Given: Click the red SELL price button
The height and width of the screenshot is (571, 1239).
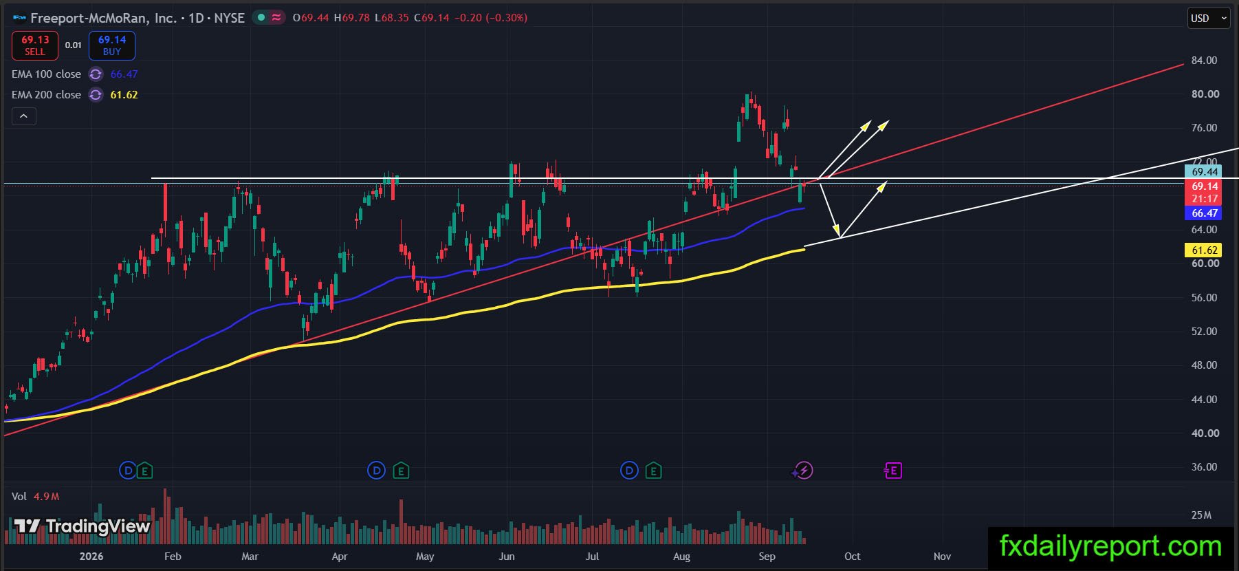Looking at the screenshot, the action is point(35,45).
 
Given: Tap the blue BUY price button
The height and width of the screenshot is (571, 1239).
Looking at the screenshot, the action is point(112,45).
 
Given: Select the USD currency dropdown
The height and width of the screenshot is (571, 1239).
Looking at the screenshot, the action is point(1209,18).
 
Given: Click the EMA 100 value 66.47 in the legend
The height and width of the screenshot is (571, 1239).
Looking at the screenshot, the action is point(124,74).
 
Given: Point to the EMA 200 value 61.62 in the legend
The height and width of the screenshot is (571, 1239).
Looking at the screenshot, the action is point(124,95).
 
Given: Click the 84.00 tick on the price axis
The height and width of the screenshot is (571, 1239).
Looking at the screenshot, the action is point(1204,61).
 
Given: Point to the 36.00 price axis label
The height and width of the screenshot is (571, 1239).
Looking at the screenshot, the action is point(1204,467).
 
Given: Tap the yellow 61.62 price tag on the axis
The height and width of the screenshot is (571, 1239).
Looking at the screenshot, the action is point(1204,250).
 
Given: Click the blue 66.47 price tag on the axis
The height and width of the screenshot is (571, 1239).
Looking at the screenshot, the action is point(1204,213).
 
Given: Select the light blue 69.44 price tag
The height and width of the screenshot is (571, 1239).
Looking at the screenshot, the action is point(1204,172).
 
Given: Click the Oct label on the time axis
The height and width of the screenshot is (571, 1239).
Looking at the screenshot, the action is point(852,557).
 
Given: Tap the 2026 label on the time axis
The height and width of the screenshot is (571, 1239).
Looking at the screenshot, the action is point(91,557).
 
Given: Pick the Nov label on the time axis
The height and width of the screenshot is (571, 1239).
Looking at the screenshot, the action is point(942,557).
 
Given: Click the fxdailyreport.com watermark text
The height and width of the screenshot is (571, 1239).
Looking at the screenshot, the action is point(1110,547).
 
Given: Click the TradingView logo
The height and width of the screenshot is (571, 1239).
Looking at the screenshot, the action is point(82,527).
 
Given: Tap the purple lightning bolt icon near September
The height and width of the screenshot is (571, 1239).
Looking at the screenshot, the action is point(802,471).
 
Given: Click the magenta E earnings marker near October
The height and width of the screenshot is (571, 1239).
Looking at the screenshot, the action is point(892,471).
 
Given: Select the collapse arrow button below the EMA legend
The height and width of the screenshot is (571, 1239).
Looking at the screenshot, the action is point(23,116).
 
